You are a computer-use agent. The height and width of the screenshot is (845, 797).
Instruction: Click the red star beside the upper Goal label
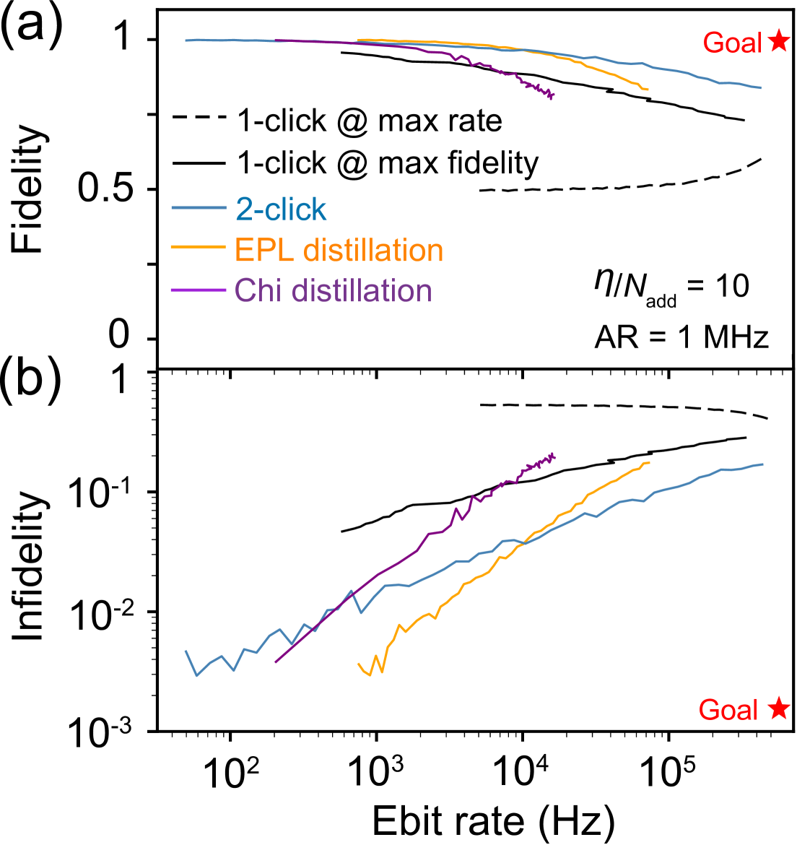pos(779,41)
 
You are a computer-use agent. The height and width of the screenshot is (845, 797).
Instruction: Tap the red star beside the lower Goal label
pos(779,708)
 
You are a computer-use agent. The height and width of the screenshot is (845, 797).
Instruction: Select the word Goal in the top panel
pos(732,43)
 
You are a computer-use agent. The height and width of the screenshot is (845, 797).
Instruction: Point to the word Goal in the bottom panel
pos(728,710)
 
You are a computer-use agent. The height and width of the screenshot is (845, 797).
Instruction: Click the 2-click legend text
pos(281,210)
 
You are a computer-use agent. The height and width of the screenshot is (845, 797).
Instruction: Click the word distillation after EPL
pos(373,251)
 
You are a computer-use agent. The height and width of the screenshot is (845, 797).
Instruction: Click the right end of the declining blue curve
pos(760,88)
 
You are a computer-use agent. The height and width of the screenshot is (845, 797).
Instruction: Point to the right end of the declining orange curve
pos(648,90)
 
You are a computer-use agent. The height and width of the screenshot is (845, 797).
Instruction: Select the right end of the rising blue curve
pos(762,464)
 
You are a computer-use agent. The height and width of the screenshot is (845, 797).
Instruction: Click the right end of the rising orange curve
pos(649,462)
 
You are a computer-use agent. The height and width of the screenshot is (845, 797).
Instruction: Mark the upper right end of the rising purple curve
pos(554,456)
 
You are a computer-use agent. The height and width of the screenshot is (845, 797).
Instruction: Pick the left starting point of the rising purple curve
pos(276,661)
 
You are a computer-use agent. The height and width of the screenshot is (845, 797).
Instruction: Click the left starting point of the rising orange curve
pos(359,663)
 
